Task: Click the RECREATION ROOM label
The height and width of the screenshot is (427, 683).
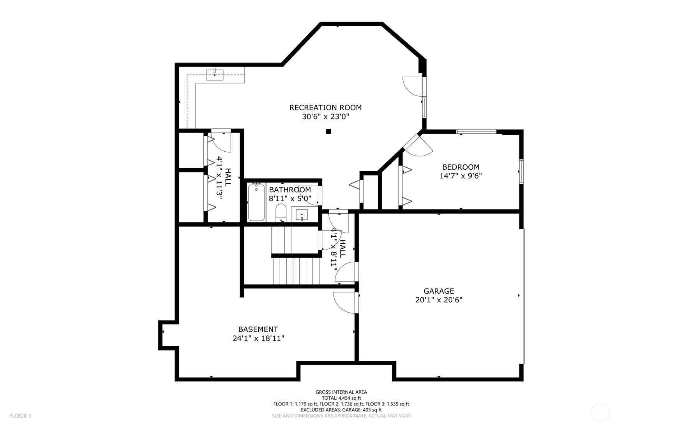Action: click(325, 108)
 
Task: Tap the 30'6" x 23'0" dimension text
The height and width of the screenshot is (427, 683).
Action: click(325, 117)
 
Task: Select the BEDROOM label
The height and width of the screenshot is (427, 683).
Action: click(461, 167)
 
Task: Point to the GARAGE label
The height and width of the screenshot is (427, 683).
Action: click(439, 291)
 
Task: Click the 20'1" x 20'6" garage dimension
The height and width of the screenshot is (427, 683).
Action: click(439, 300)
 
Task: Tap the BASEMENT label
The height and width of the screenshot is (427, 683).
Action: click(258, 330)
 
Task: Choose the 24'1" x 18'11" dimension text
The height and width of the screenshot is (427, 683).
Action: click(258, 338)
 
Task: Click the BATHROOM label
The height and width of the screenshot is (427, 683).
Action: click(290, 190)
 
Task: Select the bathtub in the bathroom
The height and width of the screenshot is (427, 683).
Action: click(256, 202)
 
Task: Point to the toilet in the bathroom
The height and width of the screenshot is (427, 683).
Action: click(281, 213)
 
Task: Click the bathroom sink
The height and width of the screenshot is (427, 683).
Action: click(302, 214)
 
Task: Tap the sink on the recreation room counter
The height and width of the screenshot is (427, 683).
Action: click(215, 74)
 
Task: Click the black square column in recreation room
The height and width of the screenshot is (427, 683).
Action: click(328, 131)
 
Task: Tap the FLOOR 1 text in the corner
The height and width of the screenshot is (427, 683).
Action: click(20, 416)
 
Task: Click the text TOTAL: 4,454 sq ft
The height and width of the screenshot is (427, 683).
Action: click(341, 398)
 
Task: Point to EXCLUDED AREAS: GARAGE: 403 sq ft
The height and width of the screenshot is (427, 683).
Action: click(341, 410)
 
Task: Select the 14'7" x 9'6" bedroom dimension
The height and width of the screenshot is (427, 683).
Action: click(461, 176)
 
